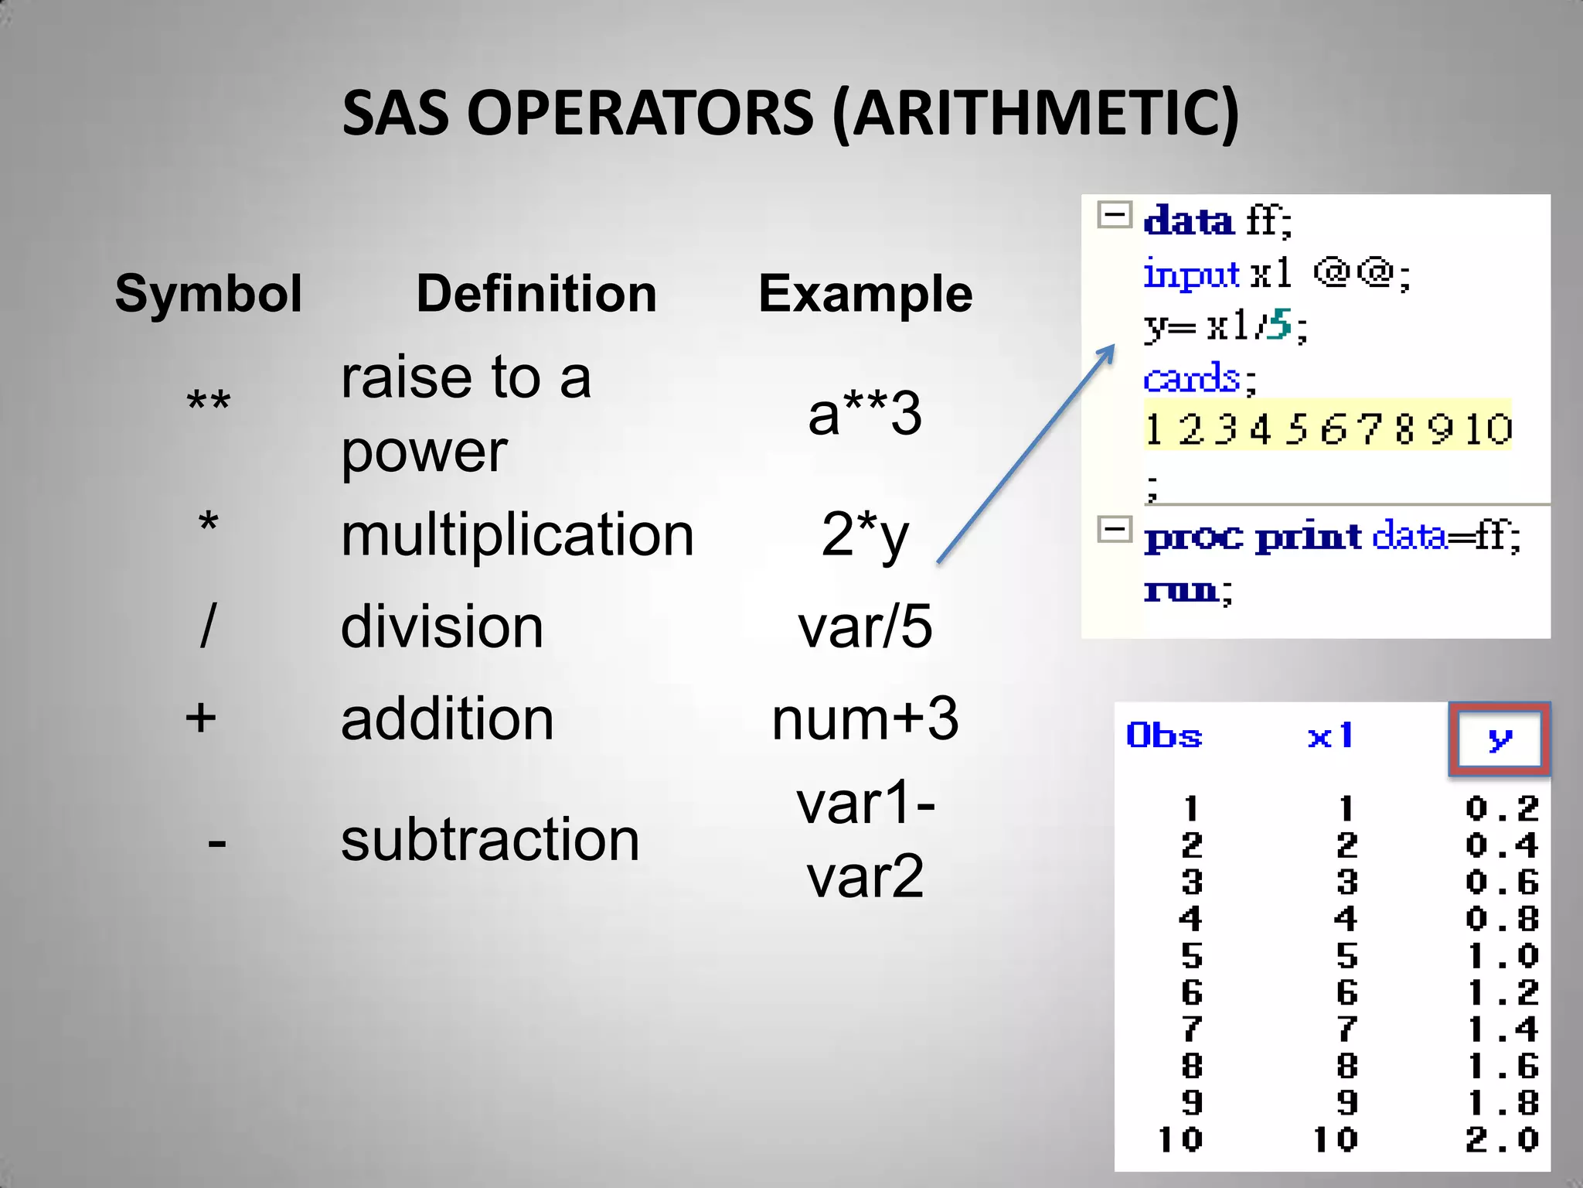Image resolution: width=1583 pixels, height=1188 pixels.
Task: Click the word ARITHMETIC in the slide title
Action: pyautogui.click(x=1036, y=114)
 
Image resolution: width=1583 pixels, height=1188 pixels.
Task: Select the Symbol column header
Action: pyautogui.click(x=208, y=294)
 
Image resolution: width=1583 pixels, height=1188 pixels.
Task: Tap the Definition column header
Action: pyautogui.click(x=536, y=294)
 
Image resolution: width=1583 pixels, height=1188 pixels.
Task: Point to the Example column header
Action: pyautogui.click(x=865, y=294)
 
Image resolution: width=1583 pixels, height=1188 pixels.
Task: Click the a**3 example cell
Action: pyautogui.click(x=864, y=414)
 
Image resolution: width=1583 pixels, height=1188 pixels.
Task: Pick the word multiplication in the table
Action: pyautogui.click(x=517, y=534)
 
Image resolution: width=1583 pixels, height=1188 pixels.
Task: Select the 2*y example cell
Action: pyautogui.click(x=864, y=534)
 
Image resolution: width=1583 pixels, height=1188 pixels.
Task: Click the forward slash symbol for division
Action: pyautogui.click(x=207, y=626)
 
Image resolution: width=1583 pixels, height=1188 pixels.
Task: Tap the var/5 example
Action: pyautogui.click(x=865, y=626)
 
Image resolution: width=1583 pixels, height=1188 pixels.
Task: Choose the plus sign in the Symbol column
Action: pyautogui.click(x=201, y=718)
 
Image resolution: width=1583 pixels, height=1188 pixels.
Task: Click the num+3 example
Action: pyautogui.click(x=865, y=719)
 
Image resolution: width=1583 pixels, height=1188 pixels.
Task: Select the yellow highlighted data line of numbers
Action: pyautogui.click(x=1327, y=428)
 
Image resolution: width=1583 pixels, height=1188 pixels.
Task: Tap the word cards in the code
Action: pyautogui.click(x=1191, y=379)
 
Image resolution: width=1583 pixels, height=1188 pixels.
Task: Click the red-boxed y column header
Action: pyautogui.click(x=1499, y=739)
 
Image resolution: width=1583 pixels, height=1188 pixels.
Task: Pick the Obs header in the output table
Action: pyautogui.click(x=1164, y=736)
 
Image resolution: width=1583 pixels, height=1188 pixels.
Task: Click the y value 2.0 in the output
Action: pyautogui.click(x=1502, y=1139)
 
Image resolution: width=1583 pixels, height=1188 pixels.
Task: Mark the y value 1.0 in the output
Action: pyautogui.click(x=1502, y=957)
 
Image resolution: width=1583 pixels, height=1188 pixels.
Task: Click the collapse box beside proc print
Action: pyautogui.click(x=1115, y=531)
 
